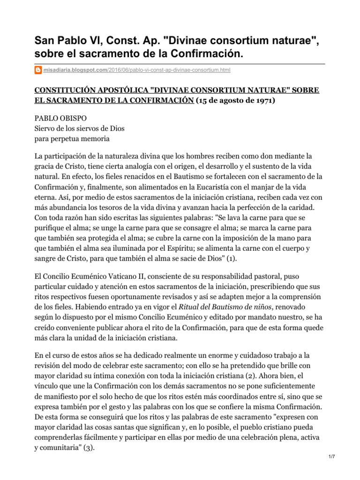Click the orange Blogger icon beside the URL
click(39, 70)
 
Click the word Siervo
click(46, 129)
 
